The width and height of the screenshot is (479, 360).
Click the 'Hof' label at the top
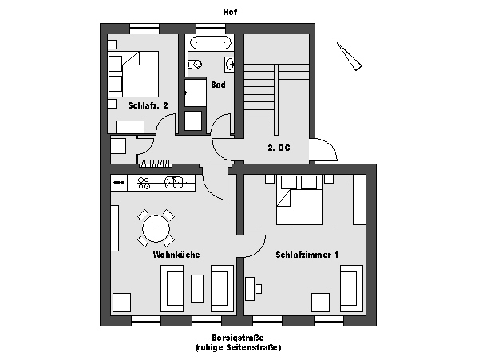(x=230, y=12)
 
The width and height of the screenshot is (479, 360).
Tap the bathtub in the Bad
(x=209, y=43)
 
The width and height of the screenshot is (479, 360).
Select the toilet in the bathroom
(x=195, y=65)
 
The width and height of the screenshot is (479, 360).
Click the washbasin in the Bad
(x=229, y=65)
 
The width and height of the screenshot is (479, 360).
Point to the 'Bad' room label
(x=218, y=85)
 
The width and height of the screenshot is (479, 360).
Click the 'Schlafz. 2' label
(x=148, y=105)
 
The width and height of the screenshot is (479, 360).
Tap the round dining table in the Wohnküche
(x=156, y=228)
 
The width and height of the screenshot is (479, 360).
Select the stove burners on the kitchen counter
(x=144, y=184)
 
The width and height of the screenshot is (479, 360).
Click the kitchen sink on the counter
(x=174, y=182)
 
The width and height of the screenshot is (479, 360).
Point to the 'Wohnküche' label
(x=176, y=255)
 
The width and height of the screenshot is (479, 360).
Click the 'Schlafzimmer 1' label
(x=307, y=255)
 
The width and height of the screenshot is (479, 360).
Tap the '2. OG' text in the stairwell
(x=279, y=148)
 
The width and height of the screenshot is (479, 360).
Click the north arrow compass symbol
(x=349, y=56)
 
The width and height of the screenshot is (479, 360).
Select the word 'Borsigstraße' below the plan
(x=238, y=338)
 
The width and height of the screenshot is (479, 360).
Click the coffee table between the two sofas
(x=197, y=288)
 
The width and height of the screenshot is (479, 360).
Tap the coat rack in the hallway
(x=155, y=164)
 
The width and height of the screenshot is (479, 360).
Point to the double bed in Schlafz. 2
(x=133, y=74)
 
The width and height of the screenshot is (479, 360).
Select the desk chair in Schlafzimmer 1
(x=259, y=288)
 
